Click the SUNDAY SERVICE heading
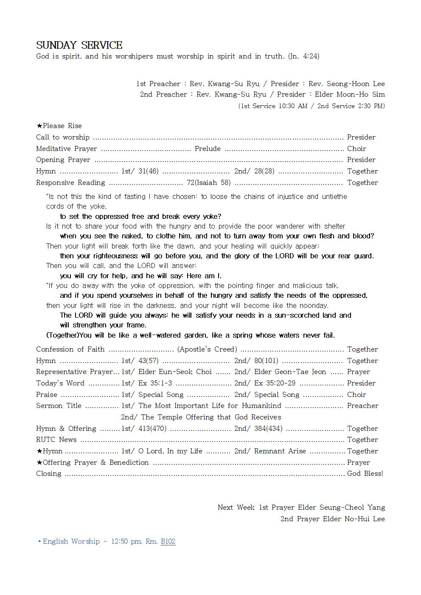coord(79,45)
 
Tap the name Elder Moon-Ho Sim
coord(350,95)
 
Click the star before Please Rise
coord(39,126)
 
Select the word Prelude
coord(208,149)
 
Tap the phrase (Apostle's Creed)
coord(207,349)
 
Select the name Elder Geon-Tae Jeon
coord(290,372)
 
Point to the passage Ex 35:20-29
coord(275,383)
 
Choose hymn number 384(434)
coord(268,429)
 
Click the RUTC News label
coord(56,440)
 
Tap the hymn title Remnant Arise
coord(280,451)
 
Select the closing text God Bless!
coord(365,474)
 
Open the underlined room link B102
coord(168,542)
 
